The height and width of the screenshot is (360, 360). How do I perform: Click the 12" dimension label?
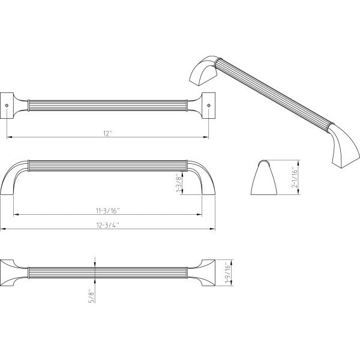[x=107, y=134]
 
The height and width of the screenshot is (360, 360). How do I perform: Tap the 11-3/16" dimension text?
[x=108, y=211]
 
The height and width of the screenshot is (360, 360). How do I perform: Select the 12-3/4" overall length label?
[x=108, y=225]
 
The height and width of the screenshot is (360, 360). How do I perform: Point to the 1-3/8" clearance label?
[x=179, y=183]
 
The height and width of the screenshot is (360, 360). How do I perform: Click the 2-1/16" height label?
[x=295, y=178]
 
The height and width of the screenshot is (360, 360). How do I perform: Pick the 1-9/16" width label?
[x=227, y=273]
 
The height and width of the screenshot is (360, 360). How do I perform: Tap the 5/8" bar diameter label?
[x=92, y=296]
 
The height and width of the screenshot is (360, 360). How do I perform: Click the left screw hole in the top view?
[x=7, y=106]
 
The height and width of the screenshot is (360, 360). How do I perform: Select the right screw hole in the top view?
[x=208, y=106]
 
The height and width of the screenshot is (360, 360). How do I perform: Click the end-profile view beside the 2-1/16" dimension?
[x=264, y=178]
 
